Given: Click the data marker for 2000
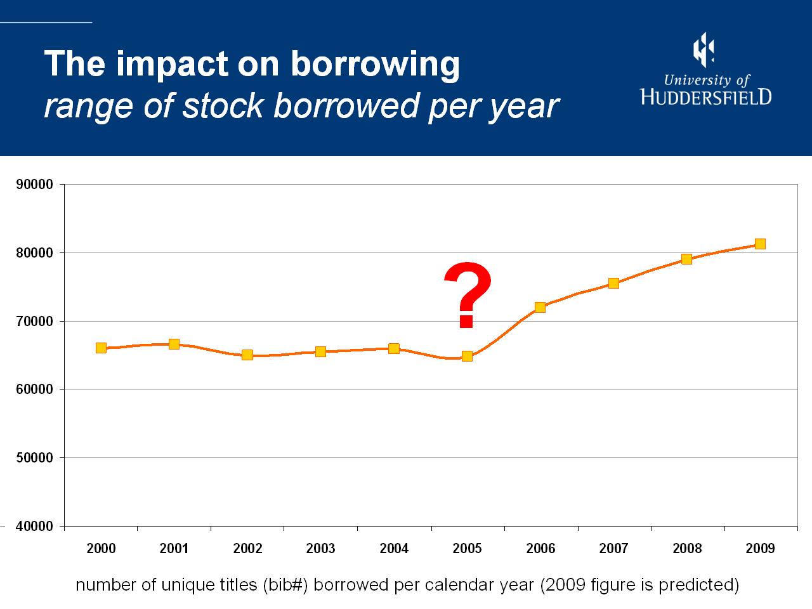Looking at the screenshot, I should pyautogui.click(x=101, y=348).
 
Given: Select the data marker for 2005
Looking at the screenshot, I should pyautogui.click(x=467, y=356).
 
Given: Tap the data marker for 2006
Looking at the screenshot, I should pyautogui.click(x=540, y=307).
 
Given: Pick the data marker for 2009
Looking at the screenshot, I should pyautogui.click(x=760, y=244).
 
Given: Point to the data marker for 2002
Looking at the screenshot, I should pyautogui.click(x=247, y=355).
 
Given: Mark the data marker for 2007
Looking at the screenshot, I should pyautogui.click(x=613, y=283).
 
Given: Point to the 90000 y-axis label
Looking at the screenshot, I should pyautogui.click(x=35, y=185).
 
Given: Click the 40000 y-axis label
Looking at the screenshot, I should pyautogui.click(x=35, y=527).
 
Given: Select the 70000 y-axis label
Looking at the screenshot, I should pyautogui.click(x=35, y=322).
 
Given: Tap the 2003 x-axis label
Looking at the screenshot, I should pyautogui.click(x=320, y=549).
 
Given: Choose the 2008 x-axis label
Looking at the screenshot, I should pyautogui.click(x=687, y=549).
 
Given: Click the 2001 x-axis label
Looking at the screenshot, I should pyautogui.click(x=174, y=549).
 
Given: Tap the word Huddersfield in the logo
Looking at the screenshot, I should pyautogui.click(x=706, y=97).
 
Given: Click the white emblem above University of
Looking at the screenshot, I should pyautogui.click(x=704, y=49).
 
